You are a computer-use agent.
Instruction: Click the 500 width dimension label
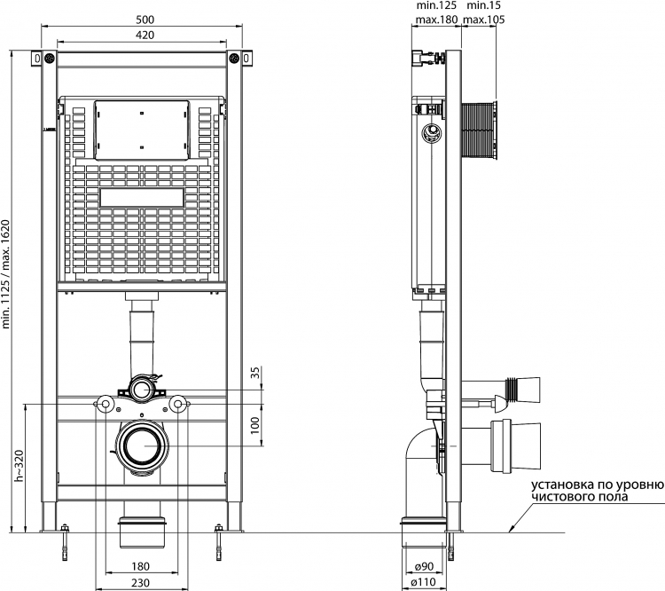(145, 20)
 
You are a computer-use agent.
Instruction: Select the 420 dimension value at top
(145, 35)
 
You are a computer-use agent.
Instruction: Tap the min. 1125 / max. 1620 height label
(5, 274)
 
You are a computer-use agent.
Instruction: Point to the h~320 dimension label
(20, 465)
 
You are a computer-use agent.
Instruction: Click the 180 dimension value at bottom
(140, 566)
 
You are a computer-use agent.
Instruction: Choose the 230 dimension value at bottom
(140, 583)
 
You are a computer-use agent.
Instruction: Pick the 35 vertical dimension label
(254, 373)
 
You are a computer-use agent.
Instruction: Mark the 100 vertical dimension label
(254, 425)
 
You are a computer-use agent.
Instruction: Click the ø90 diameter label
(424, 566)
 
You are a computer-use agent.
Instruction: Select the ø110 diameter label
(424, 583)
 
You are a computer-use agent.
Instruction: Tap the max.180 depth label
(437, 20)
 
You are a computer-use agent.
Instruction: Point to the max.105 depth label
(484, 20)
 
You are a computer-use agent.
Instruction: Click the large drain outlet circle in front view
(140, 445)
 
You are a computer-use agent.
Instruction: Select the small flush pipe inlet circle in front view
(140, 389)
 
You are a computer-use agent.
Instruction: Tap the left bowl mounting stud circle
(105, 404)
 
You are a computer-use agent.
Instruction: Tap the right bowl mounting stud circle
(178, 404)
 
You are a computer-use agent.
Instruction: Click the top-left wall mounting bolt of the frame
(49, 59)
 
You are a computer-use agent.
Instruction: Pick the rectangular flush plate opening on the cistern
(142, 197)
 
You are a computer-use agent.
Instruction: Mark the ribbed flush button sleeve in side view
(479, 131)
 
